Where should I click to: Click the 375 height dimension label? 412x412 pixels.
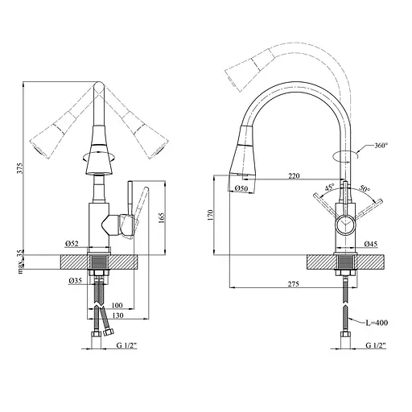click(x=21, y=168)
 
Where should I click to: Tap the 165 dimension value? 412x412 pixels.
click(x=161, y=219)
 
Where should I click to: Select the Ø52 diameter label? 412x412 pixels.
click(x=72, y=244)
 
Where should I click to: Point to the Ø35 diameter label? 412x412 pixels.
click(x=75, y=281)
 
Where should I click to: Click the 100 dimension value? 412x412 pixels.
click(x=117, y=305)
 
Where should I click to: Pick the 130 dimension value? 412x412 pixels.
click(x=117, y=315)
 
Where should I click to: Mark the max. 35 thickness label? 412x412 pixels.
click(x=21, y=262)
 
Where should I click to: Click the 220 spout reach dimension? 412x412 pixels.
click(x=294, y=176)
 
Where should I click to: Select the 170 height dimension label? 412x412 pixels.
click(x=210, y=216)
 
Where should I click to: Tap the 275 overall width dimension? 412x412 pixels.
click(x=294, y=284)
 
